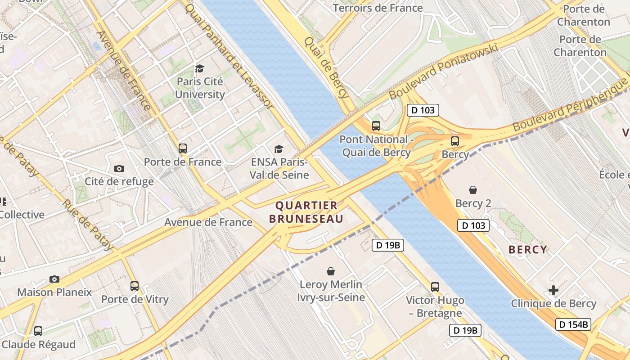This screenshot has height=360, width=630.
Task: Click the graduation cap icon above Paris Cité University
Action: click(199, 68)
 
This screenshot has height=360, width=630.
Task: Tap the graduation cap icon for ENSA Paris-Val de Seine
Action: click(279, 149)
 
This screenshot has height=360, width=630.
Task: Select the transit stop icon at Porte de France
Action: click(182, 148)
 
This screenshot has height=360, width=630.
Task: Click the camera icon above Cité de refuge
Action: click(119, 168)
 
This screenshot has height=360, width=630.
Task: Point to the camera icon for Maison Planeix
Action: click(54, 279)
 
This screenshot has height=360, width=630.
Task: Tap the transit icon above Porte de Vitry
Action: click(134, 286)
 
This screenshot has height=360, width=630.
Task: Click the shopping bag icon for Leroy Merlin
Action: click(331, 271)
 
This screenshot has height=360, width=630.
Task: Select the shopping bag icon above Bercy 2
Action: click(472, 190)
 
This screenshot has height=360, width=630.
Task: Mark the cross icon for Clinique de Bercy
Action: click(553, 290)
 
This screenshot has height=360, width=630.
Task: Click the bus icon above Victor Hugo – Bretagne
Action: click(435, 287)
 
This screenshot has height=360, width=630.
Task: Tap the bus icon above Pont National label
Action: click(376, 126)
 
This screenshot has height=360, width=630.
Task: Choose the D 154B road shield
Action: click(573, 324)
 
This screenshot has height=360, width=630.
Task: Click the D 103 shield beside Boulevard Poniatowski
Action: click(423, 110)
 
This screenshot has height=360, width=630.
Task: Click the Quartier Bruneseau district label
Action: click(309, 212)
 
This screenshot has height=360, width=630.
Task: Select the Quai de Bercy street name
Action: click(326, 67)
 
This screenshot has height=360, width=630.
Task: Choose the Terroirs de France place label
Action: click(378, 8)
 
